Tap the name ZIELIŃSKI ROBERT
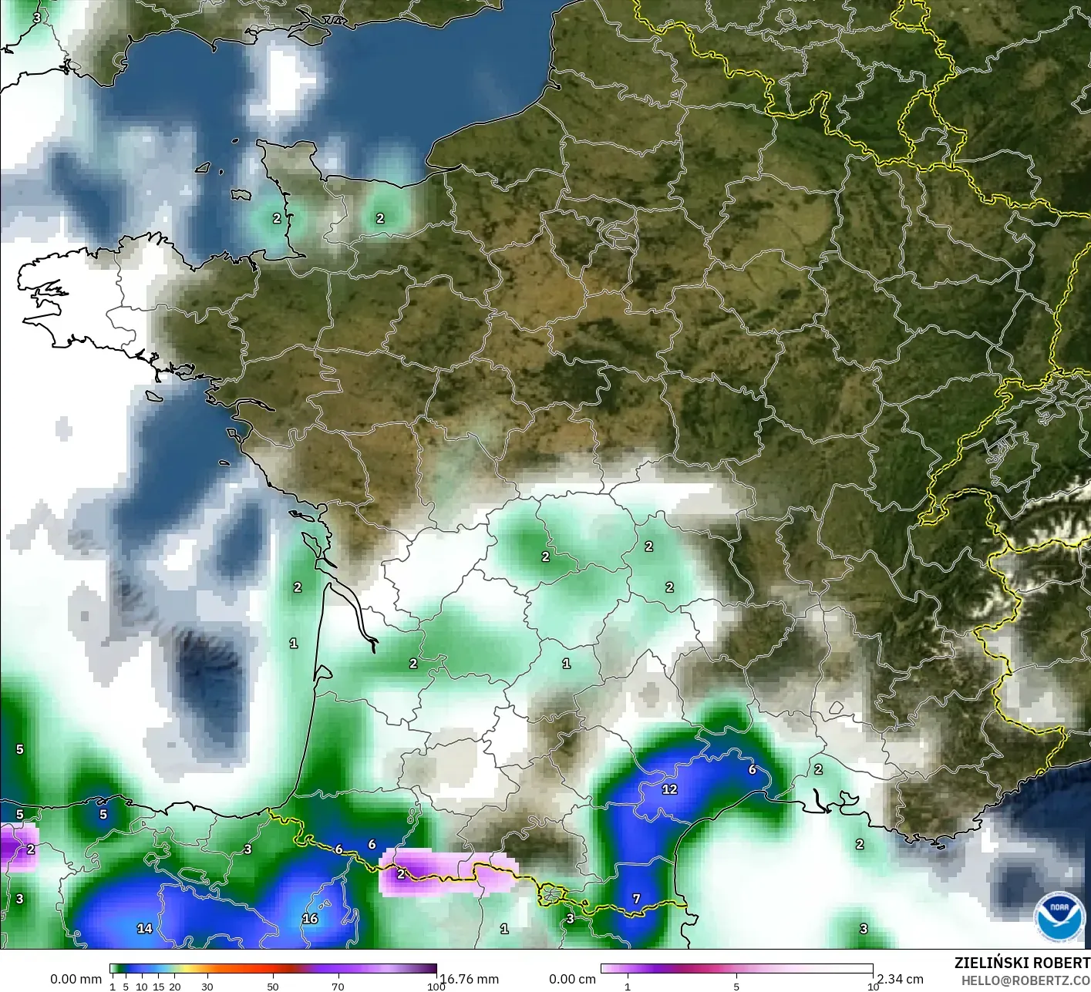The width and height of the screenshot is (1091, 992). [1022, 963]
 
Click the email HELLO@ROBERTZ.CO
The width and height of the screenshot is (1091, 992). [1025, 980]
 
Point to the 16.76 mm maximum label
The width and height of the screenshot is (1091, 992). [470, 979]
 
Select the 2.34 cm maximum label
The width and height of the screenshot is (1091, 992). [900, 979]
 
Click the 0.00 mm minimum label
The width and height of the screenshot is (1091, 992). [76, 979]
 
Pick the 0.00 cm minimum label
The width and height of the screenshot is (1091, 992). [572, 979]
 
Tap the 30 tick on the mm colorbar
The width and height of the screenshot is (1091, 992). [207, 987]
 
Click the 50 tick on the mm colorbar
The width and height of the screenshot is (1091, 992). [273, 987]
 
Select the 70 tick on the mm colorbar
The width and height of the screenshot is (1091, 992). [338, 987]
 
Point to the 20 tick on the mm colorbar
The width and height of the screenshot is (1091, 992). [175, 987]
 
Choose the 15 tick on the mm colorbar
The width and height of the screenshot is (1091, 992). [159, 987]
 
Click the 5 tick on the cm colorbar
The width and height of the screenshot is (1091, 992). [736, 987]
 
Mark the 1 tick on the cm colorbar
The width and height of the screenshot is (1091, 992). [628, 987]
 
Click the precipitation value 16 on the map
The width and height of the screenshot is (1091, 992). [310, 919]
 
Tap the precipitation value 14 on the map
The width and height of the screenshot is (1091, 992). [144, 928]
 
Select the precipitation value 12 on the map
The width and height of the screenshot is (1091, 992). [669, 789]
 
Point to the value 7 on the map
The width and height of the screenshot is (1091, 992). [636, 899]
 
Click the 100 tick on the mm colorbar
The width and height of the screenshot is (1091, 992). [436, 987]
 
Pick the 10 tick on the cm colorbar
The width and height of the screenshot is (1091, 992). [873, 987]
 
